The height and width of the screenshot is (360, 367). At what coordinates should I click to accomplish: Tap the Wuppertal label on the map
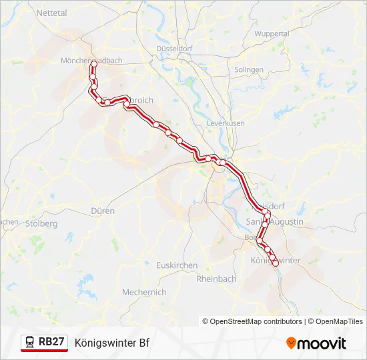[272, 33]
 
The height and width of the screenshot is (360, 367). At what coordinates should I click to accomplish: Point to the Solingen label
[249, 69]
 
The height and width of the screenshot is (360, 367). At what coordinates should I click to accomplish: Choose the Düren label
[102, 211]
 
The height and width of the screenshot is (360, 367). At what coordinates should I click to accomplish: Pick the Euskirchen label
[176, 265]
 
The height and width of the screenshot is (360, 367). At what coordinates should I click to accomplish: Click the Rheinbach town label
[216, 279]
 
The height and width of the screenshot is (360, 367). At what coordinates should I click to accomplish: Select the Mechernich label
[144, 292]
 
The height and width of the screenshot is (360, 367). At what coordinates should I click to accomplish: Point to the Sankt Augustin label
[275, 221]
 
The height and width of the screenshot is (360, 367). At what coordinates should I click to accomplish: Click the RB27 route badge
[45, 343]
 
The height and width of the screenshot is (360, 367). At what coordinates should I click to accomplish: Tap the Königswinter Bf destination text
[111, 343]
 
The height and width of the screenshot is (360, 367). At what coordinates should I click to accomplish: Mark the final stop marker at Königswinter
[276, 264]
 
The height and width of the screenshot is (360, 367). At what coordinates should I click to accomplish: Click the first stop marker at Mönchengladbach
[93, 64]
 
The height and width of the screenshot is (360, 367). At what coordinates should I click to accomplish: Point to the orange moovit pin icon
[292, 343]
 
